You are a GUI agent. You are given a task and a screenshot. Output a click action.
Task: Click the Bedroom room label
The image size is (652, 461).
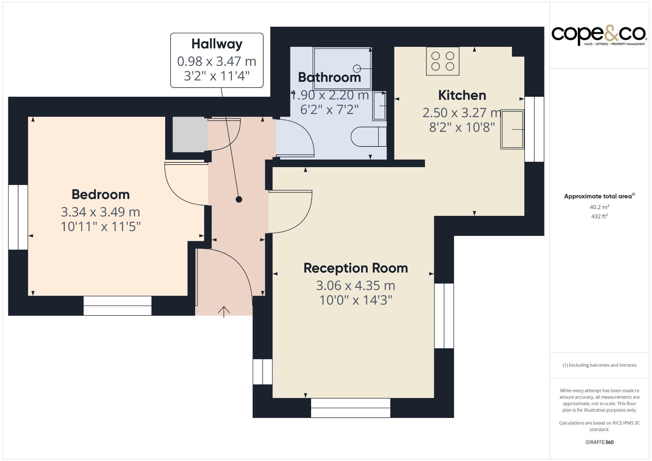point(101,195)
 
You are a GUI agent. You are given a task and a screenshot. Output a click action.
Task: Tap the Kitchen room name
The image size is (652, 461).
point(462,95)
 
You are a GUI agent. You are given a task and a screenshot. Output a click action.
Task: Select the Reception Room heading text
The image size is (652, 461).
point(356,268)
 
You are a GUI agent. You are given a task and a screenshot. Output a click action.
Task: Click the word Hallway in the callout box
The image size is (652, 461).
point(217,44)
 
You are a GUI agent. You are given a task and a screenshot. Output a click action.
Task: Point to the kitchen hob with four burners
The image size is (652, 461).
point(443,61)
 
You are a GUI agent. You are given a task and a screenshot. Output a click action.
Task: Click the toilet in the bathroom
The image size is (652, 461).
point(368,137)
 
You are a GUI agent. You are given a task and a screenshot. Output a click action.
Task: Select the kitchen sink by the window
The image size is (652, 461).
point(512,129)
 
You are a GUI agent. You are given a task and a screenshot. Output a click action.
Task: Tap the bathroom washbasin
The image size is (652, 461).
point(379,106)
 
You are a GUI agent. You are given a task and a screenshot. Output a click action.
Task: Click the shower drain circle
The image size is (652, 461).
point(357,68)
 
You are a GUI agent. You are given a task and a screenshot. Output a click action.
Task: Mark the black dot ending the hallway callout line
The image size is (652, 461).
point(239,199)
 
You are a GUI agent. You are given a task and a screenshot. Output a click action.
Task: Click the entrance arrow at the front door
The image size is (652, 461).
point(224,312)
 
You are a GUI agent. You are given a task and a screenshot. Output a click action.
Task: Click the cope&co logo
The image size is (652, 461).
point(599,35)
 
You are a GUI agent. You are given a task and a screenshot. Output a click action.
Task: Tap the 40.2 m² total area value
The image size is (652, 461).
point(599,207)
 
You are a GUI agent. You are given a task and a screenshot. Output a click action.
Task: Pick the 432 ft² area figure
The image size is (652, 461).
point(599,216)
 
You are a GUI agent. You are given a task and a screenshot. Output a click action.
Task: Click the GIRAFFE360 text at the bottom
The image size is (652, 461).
point(599,442)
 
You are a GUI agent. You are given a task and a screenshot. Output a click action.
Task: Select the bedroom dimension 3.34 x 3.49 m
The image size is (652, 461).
point(100,212)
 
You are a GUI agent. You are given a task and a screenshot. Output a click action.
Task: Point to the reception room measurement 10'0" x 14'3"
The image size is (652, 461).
point(356,300)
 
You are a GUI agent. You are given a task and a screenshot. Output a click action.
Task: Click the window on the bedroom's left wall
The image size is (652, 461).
point(18,217)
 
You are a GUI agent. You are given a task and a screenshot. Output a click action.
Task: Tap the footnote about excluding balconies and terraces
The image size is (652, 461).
point(599,365)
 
